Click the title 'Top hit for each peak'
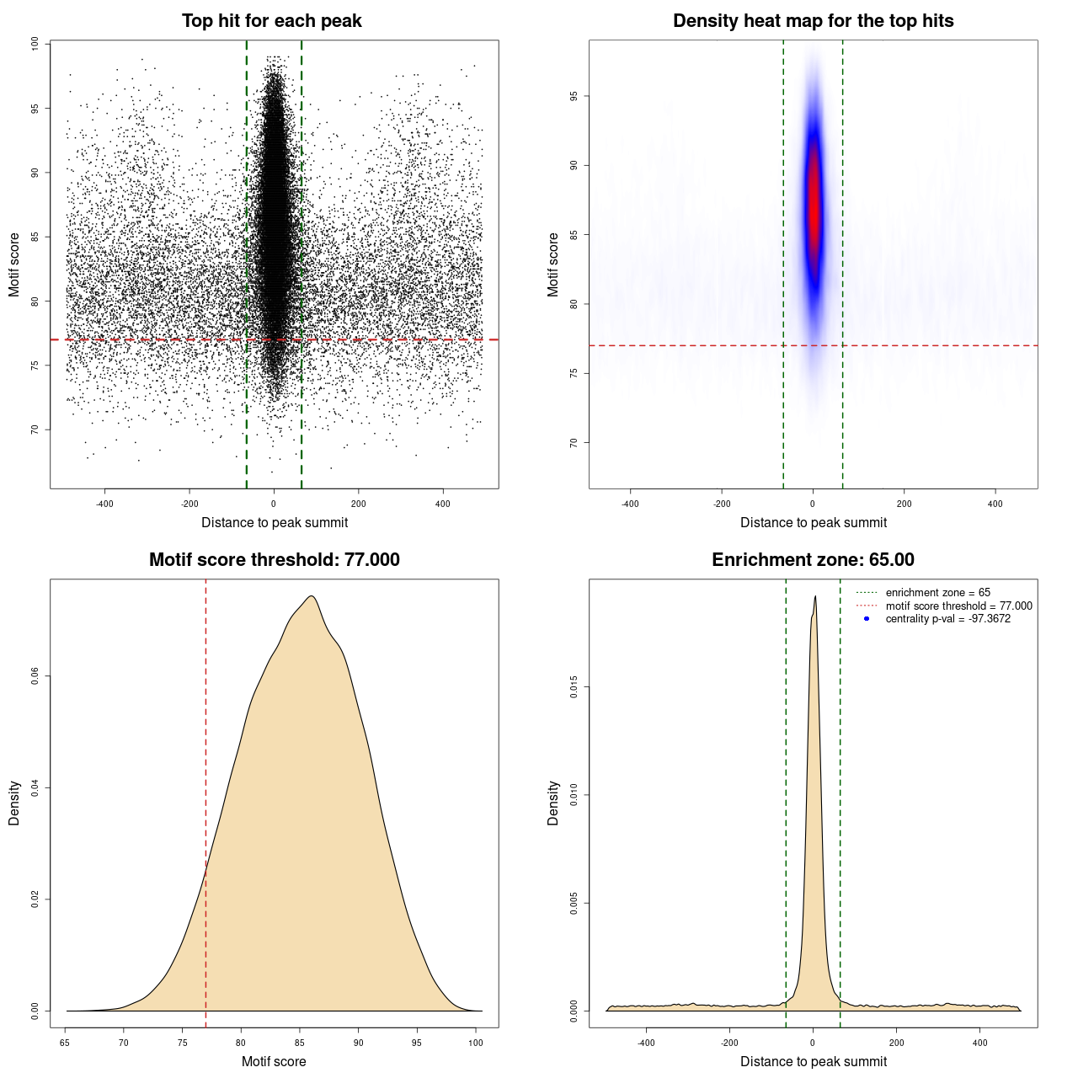[x=271, y=21]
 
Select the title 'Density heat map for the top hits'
[x=813, y=21]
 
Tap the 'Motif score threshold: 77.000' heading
[x=274, y=560]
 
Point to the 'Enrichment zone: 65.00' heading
[x=813, y=560]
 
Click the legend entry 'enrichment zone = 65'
[x=937, y=593]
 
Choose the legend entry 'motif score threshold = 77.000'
[x=958, y=606]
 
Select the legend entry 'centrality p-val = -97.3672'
[x=947, y=619]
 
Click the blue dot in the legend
[x=867, y=619]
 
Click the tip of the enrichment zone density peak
[x=815, y=597]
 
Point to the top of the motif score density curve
[x=312, y=597]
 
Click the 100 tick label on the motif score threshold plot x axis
[x=476, y=1043]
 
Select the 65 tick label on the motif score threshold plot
[x=66, y=1043]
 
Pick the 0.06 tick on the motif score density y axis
[x=35, y=676]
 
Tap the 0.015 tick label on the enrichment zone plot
[x=574, y=687]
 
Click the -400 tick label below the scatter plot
[x=104, y=504]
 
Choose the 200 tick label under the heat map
[x=904, y=504]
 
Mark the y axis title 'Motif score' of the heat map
[x=553, y=264]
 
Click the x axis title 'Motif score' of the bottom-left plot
[x=274, y=1061]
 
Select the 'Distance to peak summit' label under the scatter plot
[x=275, y=522]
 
